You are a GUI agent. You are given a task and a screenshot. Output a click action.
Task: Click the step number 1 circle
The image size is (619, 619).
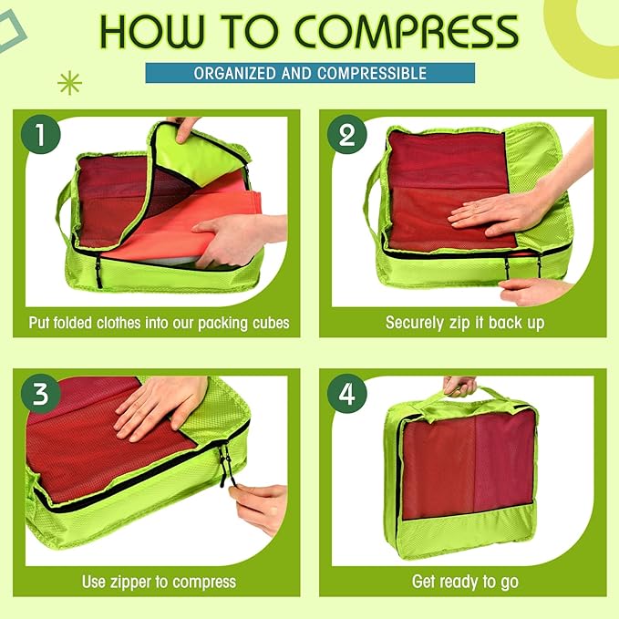40,136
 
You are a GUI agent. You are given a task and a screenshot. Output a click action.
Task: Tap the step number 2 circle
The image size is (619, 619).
346,136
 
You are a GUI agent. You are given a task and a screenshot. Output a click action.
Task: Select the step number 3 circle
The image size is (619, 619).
40,394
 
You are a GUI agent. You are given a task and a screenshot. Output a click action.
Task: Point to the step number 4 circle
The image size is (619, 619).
346,394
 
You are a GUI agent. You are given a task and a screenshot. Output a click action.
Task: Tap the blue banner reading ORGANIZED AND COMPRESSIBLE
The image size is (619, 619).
310,73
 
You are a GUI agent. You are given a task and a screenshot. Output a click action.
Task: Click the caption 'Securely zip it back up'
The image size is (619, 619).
464,323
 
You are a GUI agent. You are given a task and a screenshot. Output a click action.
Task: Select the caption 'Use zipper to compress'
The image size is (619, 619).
159,582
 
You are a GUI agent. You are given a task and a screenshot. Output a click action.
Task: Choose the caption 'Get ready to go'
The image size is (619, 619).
464,582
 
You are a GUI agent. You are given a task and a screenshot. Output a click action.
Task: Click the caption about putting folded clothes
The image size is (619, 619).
159,323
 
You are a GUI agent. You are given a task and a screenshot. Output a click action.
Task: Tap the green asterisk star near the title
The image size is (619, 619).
69,84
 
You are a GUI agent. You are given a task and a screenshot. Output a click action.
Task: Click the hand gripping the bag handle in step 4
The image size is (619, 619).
459,384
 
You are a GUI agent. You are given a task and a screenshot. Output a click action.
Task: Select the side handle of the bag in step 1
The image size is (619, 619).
64,205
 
